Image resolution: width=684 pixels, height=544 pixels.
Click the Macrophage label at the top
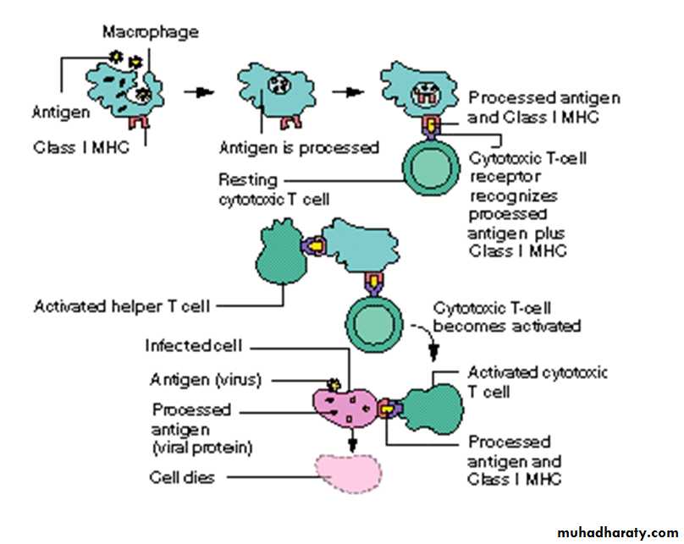150,32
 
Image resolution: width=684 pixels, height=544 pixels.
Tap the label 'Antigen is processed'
299,147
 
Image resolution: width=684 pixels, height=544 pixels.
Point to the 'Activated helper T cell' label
121,305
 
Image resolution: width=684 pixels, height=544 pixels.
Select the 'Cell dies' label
181,477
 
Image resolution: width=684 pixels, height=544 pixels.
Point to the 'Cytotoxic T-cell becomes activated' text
505,317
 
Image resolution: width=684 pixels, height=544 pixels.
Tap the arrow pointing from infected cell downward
350,440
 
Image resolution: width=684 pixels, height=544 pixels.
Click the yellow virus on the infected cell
332,385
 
